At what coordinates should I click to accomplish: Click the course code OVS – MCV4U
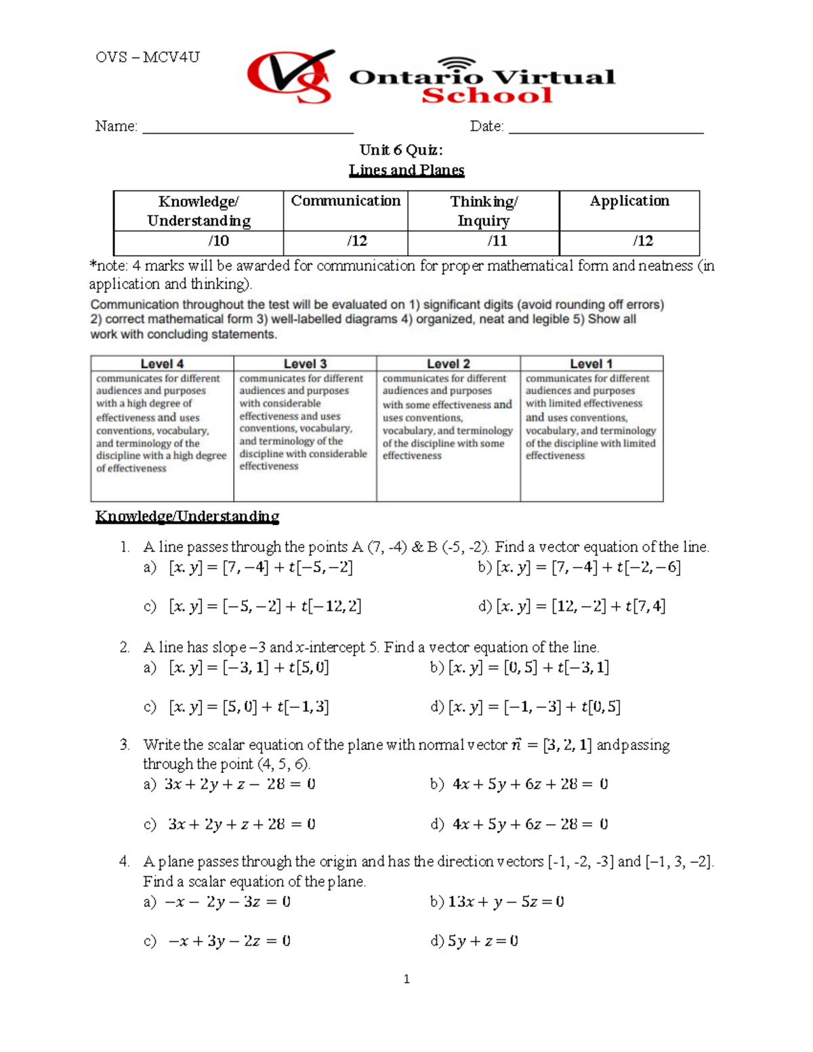pyautogui.click(x=148, y=57)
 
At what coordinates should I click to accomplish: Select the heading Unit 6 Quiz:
pyautogui.click(x=401, y=150)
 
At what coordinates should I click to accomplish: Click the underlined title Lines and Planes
pyautogui.click(x=406, y=170)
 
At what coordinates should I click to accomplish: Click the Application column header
pyautogui.click(x=629, y=201)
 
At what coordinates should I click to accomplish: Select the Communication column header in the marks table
pyautogui.click(x=346, y=201)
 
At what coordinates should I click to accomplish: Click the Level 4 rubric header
pyautogui.click(x=162, y=364)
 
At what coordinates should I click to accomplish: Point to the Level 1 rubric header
pyautogui.click(x=591, y=364)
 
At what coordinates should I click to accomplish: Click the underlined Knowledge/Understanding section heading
pyautogui.click(x=187, y=516)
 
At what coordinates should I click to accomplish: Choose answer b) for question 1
pyautogui.click(x=579, y=567)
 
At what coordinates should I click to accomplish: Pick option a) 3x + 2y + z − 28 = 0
pyautogui.click(x=230, y=784)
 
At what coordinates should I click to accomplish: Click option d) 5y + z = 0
pyautogui.click(x=474, y=941)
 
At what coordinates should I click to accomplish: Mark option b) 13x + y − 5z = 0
pyautogui.click(x=497, y=902)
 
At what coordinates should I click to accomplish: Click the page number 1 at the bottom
pyautogui.click(x=406, y=979)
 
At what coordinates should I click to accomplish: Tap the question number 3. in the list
pyautogui.click(x=125, y=745)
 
